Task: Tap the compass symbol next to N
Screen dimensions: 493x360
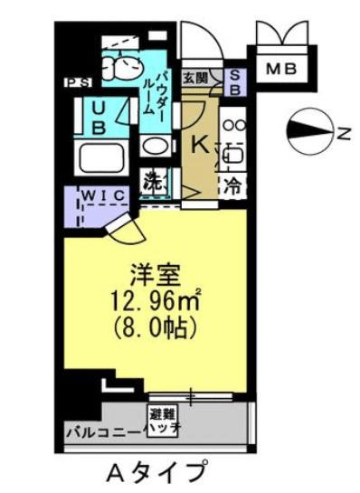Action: coord(308,132)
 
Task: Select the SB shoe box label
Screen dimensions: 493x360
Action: coord(233,82)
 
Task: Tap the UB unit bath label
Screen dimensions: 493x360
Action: coord(97,118)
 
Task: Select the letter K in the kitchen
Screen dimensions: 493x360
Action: coord(196,142)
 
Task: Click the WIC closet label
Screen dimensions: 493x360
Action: coord(102,194)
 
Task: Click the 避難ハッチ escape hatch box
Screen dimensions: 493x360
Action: coord(164,419)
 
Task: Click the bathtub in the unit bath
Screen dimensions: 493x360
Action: coord(102,158)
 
